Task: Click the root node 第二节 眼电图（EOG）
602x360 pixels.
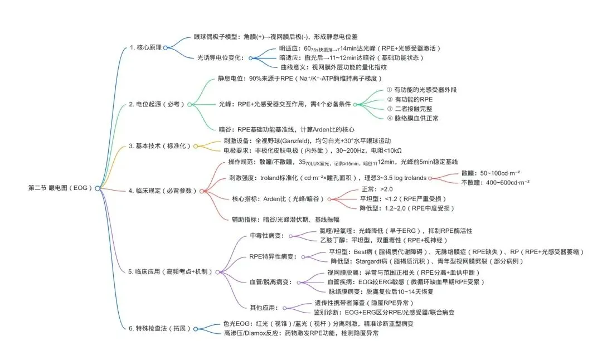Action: click(60, 188)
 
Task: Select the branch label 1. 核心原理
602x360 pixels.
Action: click(145, 47)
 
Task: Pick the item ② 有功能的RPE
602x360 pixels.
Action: click(409, 99)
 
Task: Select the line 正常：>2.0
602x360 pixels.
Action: click(376, 189)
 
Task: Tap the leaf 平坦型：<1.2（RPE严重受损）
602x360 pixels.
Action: click(403, 199)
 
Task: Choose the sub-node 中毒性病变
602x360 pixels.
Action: click(268, 235)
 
